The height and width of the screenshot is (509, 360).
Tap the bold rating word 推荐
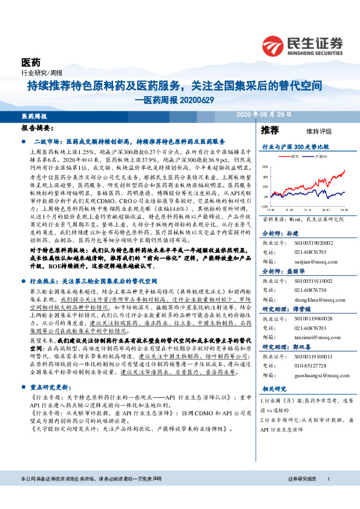click(270, 130)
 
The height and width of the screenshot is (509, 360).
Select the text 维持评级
click(310, 131)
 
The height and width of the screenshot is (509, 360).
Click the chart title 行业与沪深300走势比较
click(295, 146)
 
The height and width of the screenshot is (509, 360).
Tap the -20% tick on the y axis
click(264, 207)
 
